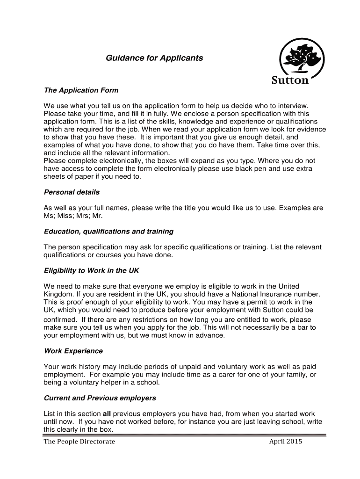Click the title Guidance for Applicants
[154, 58]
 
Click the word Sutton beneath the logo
[290, 80]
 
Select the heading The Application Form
[81, 90]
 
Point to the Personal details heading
[72, 192]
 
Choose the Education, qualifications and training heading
[108, 232]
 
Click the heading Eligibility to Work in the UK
[91, 271]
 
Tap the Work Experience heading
[73, 351]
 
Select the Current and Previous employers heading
[100, 398]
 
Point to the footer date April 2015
[286, 442]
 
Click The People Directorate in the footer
[79, 442]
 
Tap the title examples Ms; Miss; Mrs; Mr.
[73, 216]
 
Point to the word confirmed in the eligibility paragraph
[61, 319]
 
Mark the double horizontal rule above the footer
[185, 435]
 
